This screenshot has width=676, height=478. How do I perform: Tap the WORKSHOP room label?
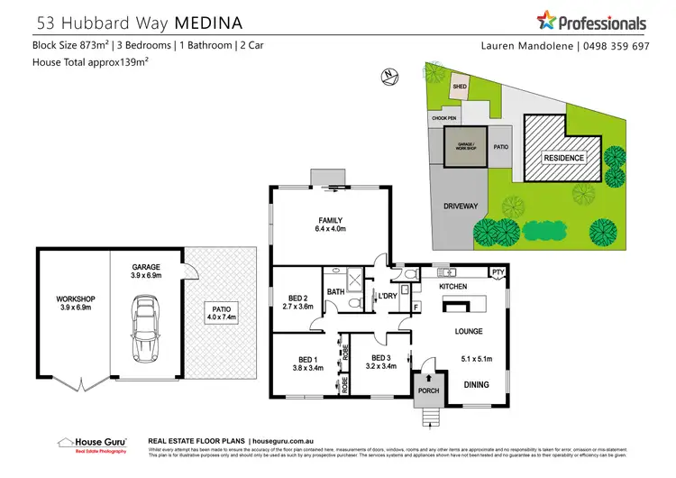75,299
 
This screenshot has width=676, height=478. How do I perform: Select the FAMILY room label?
330,220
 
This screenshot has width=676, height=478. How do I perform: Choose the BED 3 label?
374,357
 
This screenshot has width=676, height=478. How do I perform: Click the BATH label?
335,291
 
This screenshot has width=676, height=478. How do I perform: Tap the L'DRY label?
388,296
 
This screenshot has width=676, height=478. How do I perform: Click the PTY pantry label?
497,271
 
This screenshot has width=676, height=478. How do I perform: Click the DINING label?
477,385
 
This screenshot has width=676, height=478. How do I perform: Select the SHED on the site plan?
460,87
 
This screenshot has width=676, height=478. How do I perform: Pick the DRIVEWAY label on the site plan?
460,206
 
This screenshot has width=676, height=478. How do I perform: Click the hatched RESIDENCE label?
562,158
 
